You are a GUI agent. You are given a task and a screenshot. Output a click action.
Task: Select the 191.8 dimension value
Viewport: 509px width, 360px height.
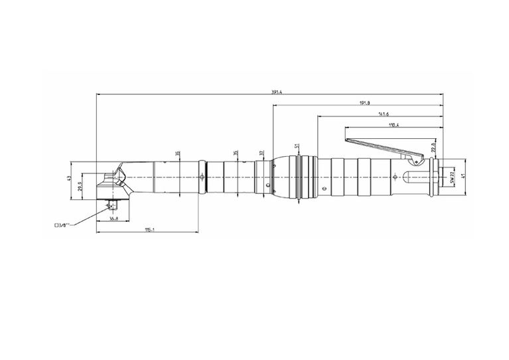364,103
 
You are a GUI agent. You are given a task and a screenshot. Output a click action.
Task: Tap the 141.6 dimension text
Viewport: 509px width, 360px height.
384,114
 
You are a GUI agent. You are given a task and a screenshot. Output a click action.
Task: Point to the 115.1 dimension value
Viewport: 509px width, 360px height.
149,230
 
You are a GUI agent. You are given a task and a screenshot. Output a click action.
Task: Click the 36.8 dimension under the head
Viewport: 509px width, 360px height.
113,219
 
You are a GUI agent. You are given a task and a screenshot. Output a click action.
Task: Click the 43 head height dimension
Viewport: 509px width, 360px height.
68,179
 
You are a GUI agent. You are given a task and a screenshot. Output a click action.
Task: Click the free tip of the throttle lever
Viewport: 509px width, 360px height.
348,140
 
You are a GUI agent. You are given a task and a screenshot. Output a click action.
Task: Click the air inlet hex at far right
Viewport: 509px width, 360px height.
441,177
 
